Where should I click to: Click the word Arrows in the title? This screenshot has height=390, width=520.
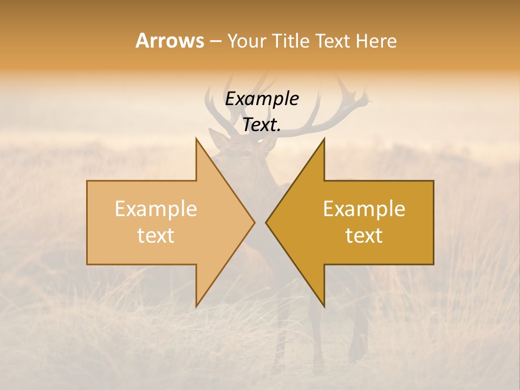pyautogui.click(x=170, y=41)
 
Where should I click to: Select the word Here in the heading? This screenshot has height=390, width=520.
pyautogui.click(x=376, y=41)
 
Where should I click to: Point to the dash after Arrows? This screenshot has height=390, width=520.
pyautogui.click(x=215, y=41)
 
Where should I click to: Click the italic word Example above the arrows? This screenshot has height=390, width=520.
pyautogui.click(x=262, y=99)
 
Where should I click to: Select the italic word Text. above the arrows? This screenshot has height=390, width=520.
pyautogui.click(x=262, y=125)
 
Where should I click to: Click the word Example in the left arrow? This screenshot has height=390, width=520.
pyautogui.click(x=156, y=209)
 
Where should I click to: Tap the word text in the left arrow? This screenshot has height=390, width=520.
pyautogui.click(x=156, y=235)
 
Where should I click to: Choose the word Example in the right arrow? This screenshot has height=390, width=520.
pyautogui.click(x=364, y=209)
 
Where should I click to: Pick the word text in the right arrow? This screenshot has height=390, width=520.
pyautogui.click(x=364, y=235)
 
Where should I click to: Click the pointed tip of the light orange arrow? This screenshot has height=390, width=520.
pyautogui.click(x=253, y=222)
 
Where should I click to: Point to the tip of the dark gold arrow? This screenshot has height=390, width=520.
pyautogui.click(x=267, y=222)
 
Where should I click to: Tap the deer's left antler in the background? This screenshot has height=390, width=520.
pyautogui.click(x=217, y=106)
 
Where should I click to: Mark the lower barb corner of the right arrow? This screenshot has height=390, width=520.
pyautogui.click(x=324, y=307)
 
